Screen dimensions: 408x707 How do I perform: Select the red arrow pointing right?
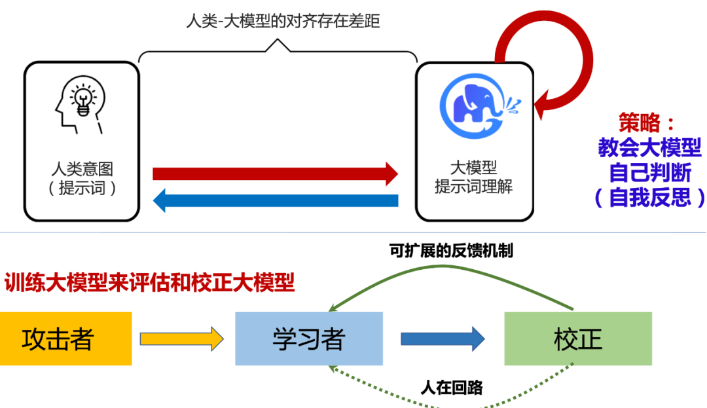pyautogui.click(x=275, y=174)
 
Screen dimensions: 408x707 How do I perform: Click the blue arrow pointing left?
pyautogui.click(x=275, y=200)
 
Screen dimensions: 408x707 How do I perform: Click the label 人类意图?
pyautogui.click(x=82, y=169)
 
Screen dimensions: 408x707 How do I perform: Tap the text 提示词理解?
pyautogui.click(x=473, y=187)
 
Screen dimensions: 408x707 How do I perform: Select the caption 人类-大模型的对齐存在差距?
pyautogui.click(x=283, y=21)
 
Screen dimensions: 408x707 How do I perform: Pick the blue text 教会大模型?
pyautogui.click(x=649, y=148)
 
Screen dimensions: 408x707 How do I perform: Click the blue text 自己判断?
pyautogui.click(x=649, y=173)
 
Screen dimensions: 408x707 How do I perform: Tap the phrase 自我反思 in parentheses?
pyautogui.click(x=649, y=198)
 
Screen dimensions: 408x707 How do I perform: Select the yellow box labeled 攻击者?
pyautogui.click(x=65, y=339)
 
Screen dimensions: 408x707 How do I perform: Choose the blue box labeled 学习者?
pyautogui.click(x=308, y=339)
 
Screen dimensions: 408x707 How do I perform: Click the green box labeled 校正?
pyautogui.click(x=577, y=339)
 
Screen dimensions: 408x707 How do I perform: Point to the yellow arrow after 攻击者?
pyautogui.click(x=181, y=339)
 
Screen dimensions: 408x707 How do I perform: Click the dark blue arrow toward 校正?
pyautogui.click(x=443, y=339)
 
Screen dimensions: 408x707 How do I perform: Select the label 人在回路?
pyautogui.click(x=451, y=388)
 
